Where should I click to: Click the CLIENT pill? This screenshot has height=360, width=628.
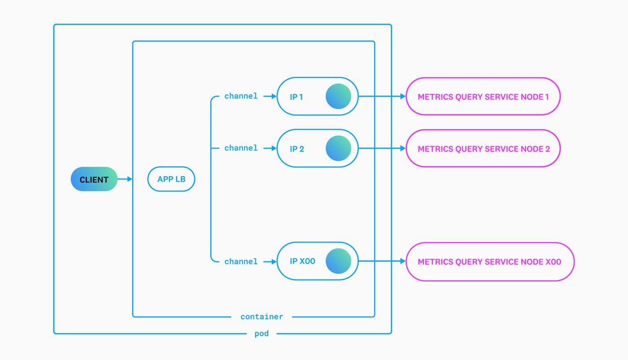[x=94, y=179]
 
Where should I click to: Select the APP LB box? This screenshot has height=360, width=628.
[x=171, y=179]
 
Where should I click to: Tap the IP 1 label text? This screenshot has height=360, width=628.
[x=296, y=97]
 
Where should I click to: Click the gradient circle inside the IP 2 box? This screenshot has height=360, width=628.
[x=338, y=148]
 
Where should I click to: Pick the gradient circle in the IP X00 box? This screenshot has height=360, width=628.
[x=338, y=261]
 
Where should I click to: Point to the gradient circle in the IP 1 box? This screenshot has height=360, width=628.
[x=338, y=96]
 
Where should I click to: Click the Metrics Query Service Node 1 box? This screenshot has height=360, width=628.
[x=483, y=96]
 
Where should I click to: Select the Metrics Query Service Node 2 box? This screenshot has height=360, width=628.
[x=483, y=148]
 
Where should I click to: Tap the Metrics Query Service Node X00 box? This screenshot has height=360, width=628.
[x=490, y=262]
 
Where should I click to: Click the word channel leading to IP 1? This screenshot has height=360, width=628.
[x=241, y=96]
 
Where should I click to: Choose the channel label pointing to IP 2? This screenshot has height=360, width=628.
[x=241, y=148]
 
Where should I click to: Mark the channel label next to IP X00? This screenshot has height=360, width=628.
[x=241, y=261]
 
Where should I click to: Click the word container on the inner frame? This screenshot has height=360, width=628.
[x=262, y=317]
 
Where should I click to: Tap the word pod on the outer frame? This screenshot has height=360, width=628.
[x=262, y=334]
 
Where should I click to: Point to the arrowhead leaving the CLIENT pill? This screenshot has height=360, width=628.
[x=130, y=179]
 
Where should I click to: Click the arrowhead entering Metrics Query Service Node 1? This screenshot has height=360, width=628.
[x=403, y=96]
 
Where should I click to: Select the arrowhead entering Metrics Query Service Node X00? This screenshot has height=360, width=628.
[x=403, y=261]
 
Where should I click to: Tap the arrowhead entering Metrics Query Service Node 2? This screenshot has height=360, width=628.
[x=403, y=148]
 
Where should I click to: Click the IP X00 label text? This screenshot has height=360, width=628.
[x=302, y=261]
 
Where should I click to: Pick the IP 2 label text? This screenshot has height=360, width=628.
[x=297, y=149]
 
